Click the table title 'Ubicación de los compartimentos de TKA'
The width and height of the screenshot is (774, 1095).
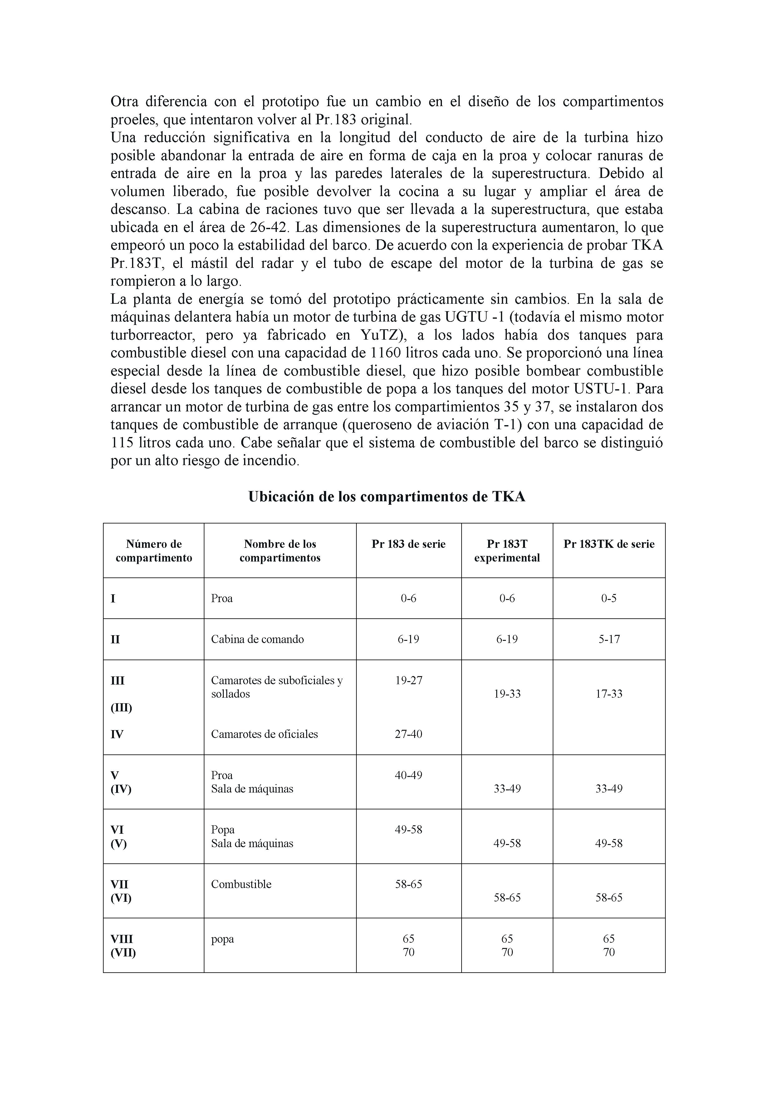pyautogui.click(x=386, y=497)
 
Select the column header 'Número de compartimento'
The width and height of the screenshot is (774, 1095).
pyautogui.click(x=154, y=551)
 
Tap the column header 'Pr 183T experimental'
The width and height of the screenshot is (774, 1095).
pyautogui.click(x=507, y=551)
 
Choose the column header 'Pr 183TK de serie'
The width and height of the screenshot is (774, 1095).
pyautogui.click(x=609, y=544)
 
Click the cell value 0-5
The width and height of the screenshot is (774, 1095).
pyautogui.click(x=609, y=598)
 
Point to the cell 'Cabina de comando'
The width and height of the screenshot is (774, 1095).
pyautogui.click(x=257, y=639)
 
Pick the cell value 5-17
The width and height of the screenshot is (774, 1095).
pyautogui.click(x=609, y=639)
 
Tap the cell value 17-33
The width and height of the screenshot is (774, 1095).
pyautogui.click(x=609, y=694)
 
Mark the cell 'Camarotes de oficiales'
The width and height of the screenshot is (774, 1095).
pyautogui.click(x=264, y=734)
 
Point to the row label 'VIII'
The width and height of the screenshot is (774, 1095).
pyautogui.click(x=122, y=939)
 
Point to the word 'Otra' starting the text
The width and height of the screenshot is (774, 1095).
pyautogui.click(x=125, y=101)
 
